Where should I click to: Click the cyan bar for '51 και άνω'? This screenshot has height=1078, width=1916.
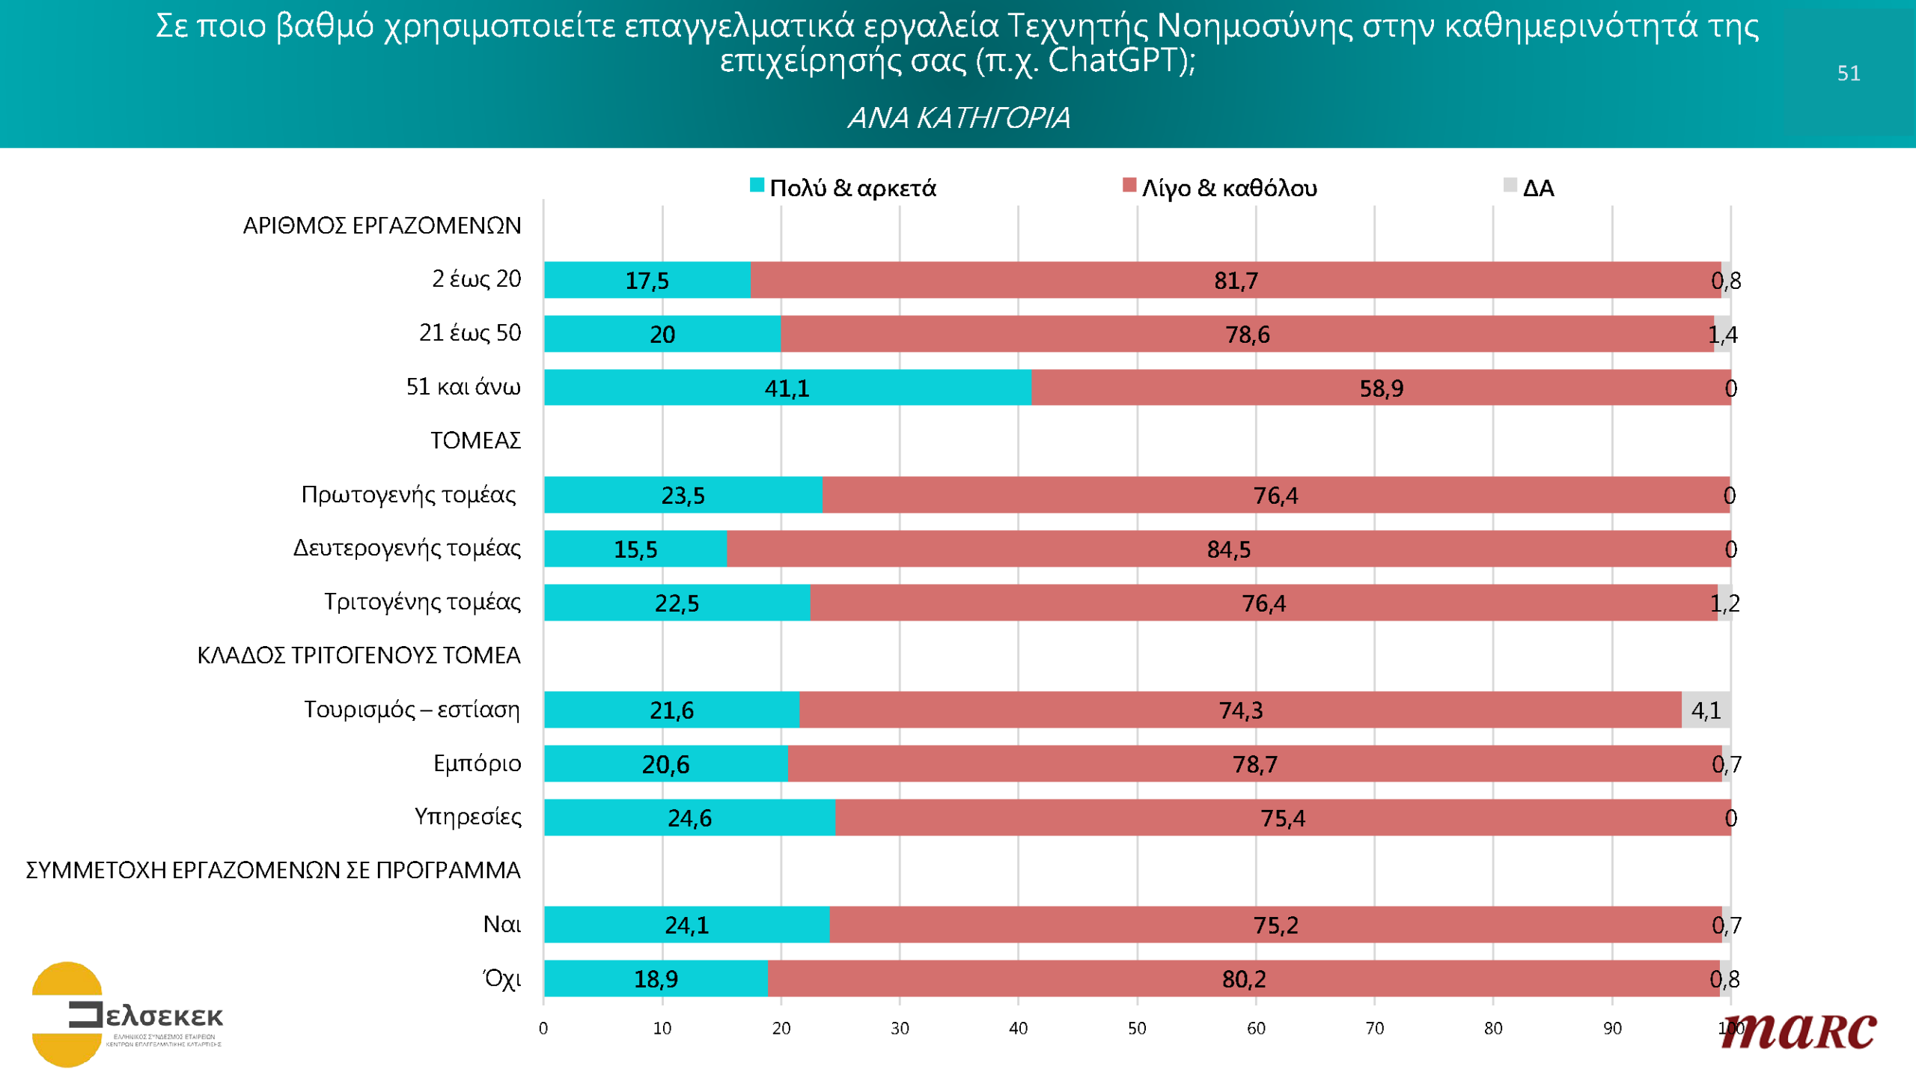click(x=787, y=388)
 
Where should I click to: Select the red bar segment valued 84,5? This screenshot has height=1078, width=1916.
click(x=1227, y=549)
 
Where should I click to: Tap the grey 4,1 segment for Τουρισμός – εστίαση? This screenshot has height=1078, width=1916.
click(x=1706, y=710)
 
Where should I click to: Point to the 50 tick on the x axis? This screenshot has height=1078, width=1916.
click(x=1137, y=1029)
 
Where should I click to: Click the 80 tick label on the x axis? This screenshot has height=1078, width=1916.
click(x=1493, y=1029)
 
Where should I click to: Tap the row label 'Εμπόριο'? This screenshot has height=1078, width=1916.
click(x=478, y=764)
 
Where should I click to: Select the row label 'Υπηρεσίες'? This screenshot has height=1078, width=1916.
click(x=468, y=817)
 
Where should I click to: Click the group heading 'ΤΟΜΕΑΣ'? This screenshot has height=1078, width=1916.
click(x=475, y=440)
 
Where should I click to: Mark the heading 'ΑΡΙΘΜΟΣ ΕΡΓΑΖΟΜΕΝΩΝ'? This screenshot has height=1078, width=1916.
click(x=382, y=225)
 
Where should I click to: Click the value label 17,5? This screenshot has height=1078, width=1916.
click(x=647, y=281)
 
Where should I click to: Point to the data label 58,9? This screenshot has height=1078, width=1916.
click(x=1382, y=389)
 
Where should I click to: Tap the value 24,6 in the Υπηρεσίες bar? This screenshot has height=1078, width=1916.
click(x=689, y=818)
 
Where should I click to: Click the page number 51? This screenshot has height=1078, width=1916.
click(x=1849, y=73)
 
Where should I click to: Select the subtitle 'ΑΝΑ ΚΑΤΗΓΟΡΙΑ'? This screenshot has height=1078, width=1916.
click(x=959, y=118)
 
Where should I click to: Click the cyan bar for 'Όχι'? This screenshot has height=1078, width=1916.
click(x=656, y=978)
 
